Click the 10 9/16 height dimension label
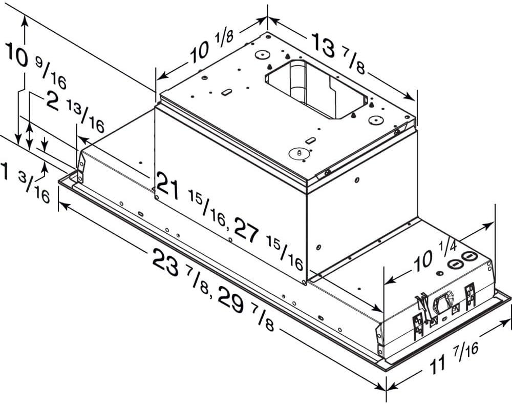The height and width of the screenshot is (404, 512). coord(33,64)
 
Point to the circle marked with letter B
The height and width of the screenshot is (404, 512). coord(298,152)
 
